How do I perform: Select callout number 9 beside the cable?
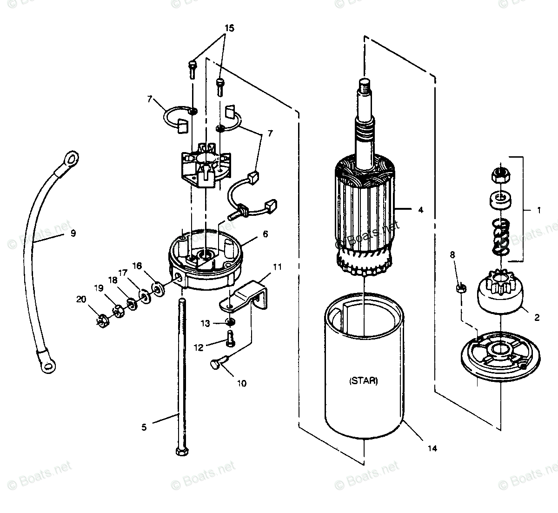(x=73, y=233)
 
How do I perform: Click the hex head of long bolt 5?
(x=180, y=451)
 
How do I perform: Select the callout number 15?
(x=229, y=28)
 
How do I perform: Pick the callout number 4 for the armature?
(x=420, y=210)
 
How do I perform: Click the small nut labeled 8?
(x=462, y=288)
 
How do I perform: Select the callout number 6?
(x=265, y=234)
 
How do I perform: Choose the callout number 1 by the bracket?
(x=538, y=210)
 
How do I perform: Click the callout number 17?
(x=122, y=273)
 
